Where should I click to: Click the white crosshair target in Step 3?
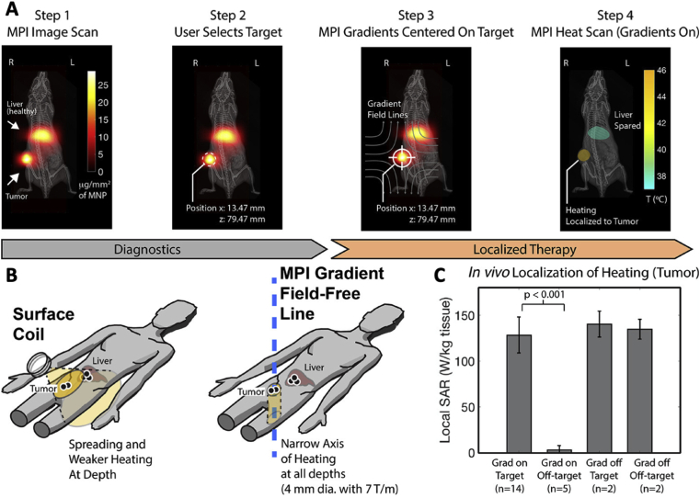(402, 157)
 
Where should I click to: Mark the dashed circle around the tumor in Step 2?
(211, 159)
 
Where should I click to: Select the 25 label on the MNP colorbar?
(105, 83)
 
